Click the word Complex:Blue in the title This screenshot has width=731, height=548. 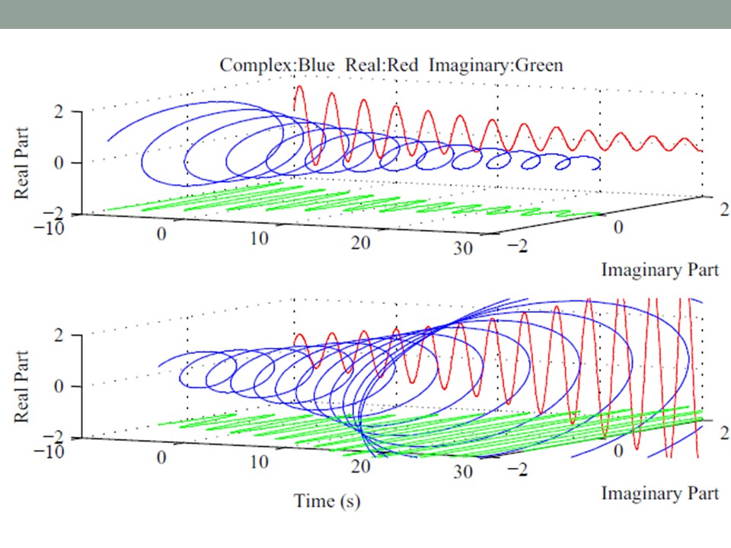[278, 65]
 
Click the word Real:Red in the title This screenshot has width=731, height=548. [381, 65]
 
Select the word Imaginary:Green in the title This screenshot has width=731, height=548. [496, 65]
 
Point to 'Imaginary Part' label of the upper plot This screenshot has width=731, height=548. [659, 269]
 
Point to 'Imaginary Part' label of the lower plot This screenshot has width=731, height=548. [659, 493]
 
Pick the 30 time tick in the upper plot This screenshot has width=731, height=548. [461, 248]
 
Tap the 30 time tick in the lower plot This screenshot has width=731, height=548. [461, 471]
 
